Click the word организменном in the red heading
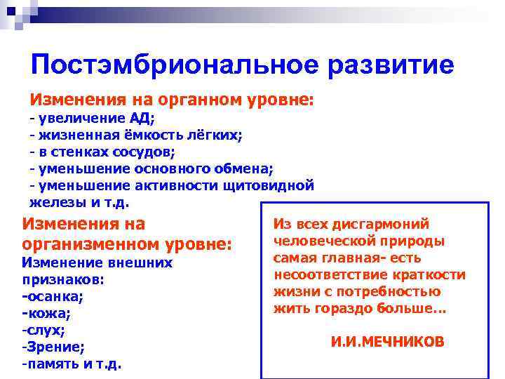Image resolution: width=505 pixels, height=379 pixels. tap(96, 246)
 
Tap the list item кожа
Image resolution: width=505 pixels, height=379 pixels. tap(46, 312)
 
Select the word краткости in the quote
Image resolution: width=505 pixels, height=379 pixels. tap(426, 274)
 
